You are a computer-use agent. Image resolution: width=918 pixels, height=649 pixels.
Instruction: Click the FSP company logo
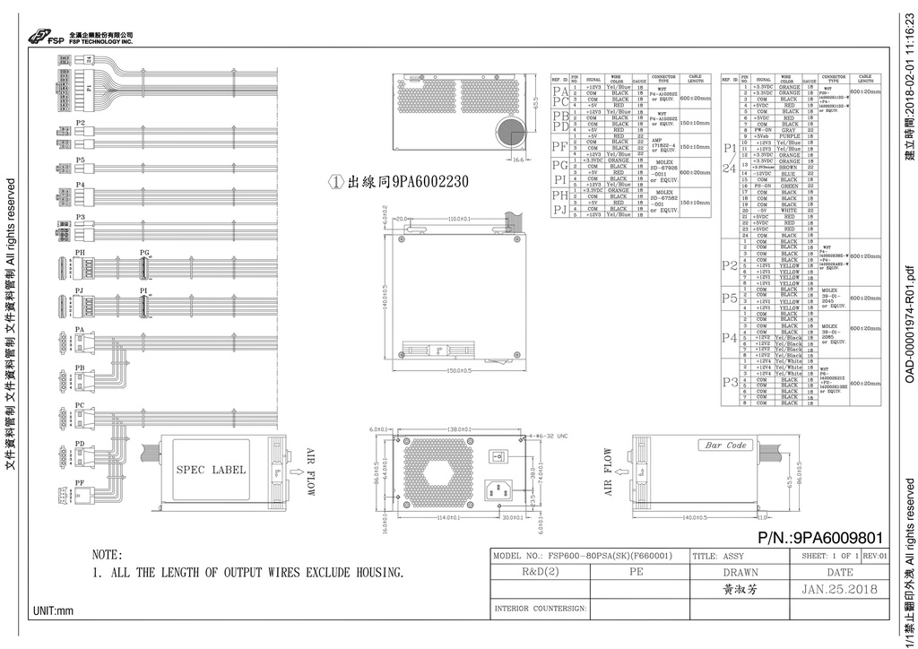43,37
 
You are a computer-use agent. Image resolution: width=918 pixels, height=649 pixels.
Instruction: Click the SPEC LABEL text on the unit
210,470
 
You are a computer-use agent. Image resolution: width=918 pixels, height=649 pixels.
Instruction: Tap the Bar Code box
725,445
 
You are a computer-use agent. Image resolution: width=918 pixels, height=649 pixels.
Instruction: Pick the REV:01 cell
874,556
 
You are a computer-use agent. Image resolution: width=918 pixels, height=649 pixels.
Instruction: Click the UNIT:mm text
53,610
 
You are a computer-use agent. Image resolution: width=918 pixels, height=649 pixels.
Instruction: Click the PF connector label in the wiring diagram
80,482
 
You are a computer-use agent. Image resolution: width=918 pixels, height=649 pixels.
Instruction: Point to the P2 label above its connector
80,121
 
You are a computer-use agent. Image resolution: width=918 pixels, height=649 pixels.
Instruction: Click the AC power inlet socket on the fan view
500,489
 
